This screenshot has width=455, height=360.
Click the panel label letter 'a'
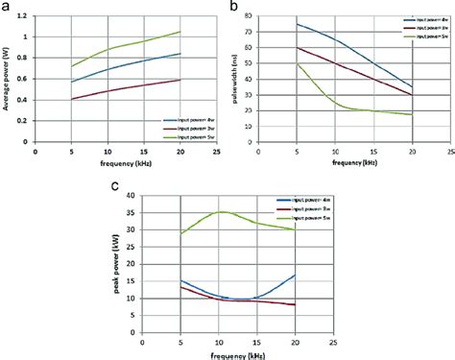[8, 7]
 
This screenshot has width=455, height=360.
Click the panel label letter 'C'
[115, 186]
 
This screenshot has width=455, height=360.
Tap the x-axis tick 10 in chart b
[334, 151]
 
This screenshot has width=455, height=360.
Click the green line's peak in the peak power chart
[223, 212]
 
